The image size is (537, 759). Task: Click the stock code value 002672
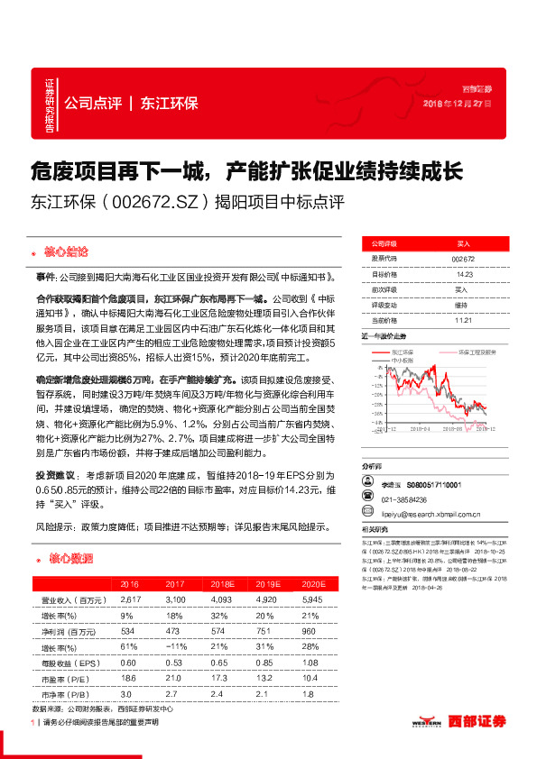463,258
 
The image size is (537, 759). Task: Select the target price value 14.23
463,274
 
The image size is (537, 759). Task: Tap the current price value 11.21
463,319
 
